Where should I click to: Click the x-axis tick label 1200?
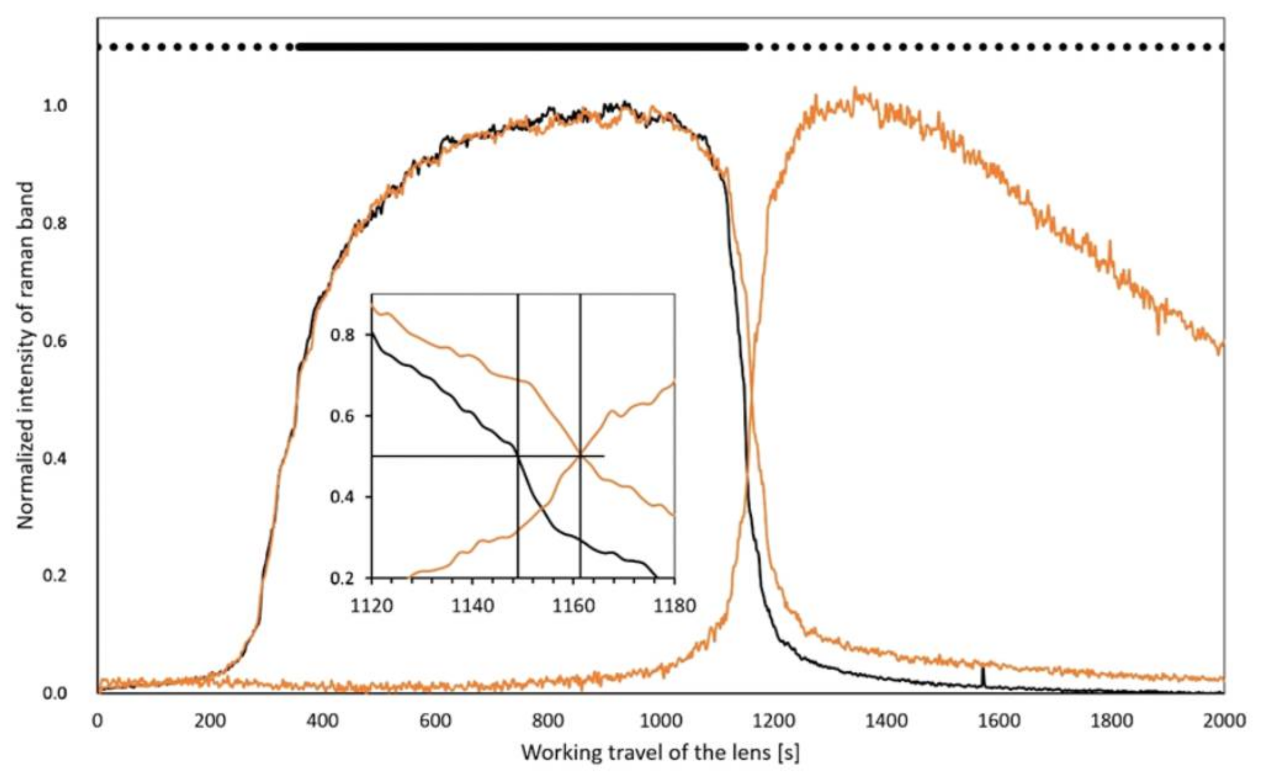coord(773,721)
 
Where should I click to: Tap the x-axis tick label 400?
coord(323,721)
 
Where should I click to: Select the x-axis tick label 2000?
coord(1224,721)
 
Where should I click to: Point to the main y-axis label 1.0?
coord(55,106)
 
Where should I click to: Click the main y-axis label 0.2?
coord(55,576)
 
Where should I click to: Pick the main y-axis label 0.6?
coord(55,341)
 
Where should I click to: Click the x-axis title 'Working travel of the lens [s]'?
coord(660,753)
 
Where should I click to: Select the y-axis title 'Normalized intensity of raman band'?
coord(26,355)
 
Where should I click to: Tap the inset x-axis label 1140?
coord(472,606)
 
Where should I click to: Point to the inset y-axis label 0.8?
coord(343,335)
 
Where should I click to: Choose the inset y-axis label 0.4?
coord(343,497)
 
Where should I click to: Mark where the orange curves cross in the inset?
coord(580,455)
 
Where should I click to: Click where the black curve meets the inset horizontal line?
coord(518,455)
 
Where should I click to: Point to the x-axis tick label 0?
coord(98,721)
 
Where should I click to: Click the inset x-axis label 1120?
coord(372,606)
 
